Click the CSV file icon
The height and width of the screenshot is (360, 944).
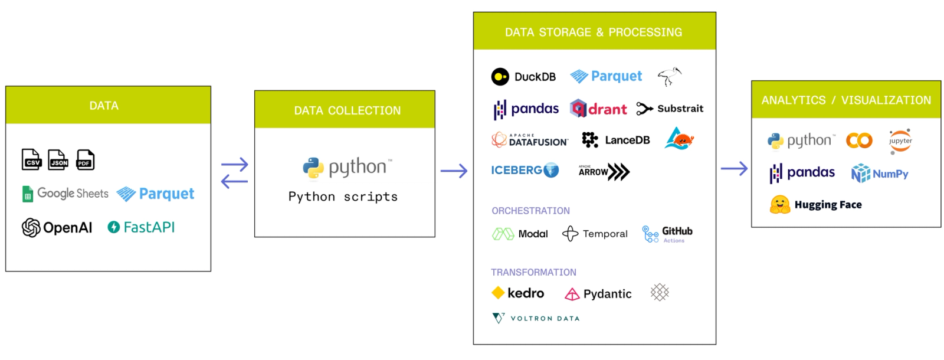coord(31,159)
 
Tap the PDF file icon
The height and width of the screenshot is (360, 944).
coord(86,159)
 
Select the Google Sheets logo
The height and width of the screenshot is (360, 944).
coord(65,194)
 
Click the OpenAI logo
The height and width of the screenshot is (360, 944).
coord(57,227)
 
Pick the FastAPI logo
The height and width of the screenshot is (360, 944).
coord(141,227)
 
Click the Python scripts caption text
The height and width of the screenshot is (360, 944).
coord(343,197)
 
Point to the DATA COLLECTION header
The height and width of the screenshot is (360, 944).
coord(347,110)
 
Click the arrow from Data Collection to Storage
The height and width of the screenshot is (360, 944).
coord(454,171)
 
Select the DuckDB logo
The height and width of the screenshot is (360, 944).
coord(523,77)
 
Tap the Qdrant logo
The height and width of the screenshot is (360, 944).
coord(598,109)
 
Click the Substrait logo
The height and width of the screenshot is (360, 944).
coord(670,109)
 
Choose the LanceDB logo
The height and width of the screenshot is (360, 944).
coord(615,140)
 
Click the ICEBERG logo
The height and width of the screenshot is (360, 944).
coord(525,171)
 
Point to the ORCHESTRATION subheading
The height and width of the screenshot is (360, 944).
coord(530,211)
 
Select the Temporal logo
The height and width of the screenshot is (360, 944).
coord(595,234)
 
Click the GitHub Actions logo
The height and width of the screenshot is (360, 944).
coord(667,234)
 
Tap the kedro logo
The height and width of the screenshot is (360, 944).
coord(518,293)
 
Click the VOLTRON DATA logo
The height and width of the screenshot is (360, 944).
coord(536,318)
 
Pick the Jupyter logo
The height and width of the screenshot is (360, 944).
coord(900,141)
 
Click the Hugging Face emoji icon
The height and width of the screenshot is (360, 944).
coord(780,205)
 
